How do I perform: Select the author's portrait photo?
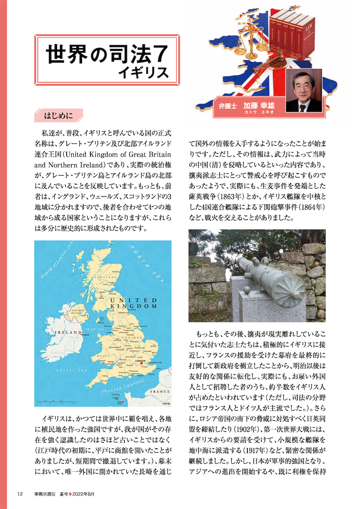304,90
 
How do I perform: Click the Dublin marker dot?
82,336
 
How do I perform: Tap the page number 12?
20,494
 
